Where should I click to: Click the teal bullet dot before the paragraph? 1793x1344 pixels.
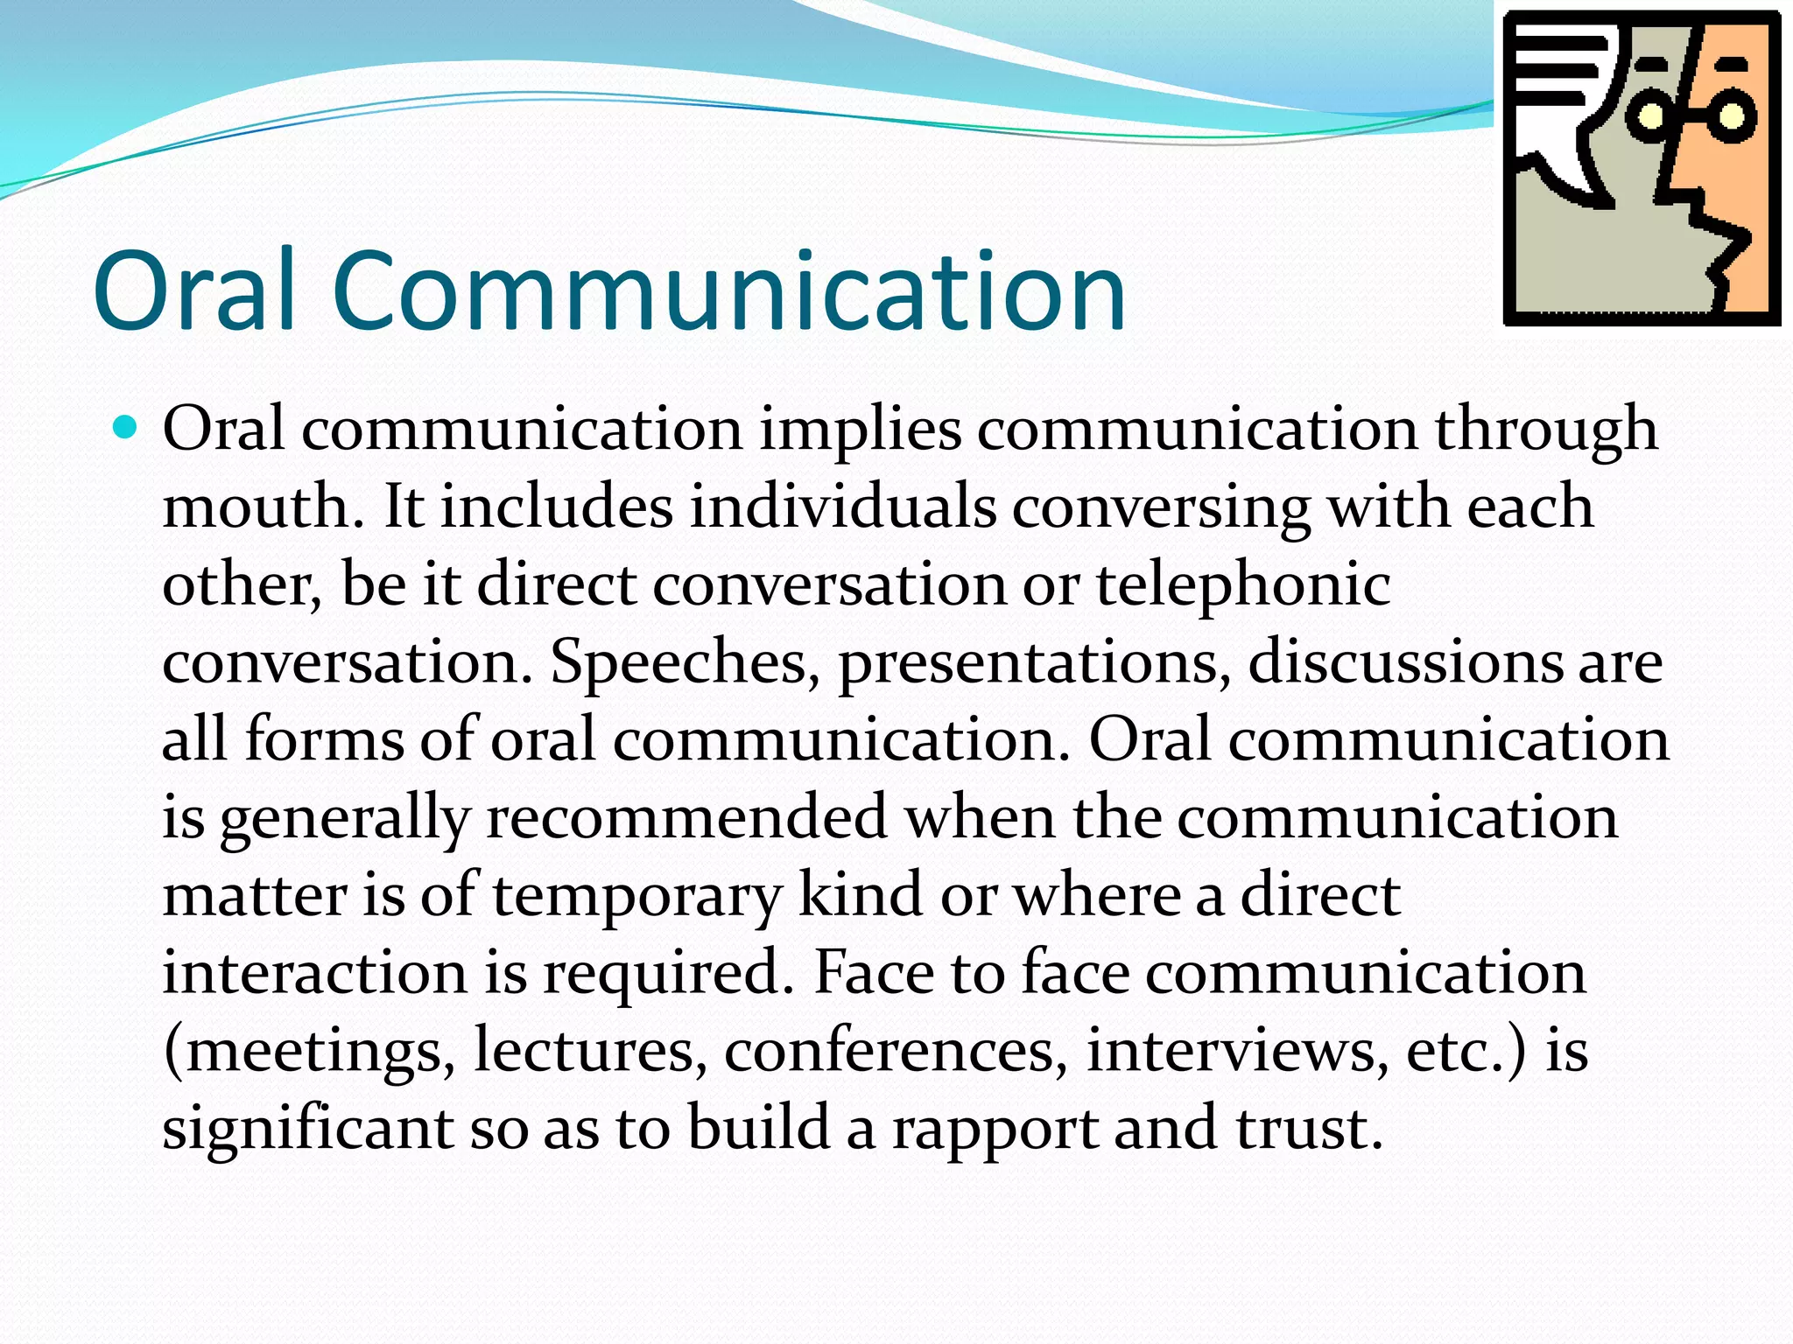click(x=126, y=428)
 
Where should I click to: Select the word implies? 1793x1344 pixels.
click(x=860, y=430)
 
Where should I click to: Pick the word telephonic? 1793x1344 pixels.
click(x=1243, y=584)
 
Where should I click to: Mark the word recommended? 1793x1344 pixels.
click(x=686, y=817)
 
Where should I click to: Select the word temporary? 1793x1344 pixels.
click(x=636, y=895)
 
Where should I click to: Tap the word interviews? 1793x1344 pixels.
click(x=1237, y=1050)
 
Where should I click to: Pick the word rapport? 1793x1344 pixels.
click(x=995, y=1128)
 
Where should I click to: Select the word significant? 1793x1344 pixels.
click(x=307, y=1128)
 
